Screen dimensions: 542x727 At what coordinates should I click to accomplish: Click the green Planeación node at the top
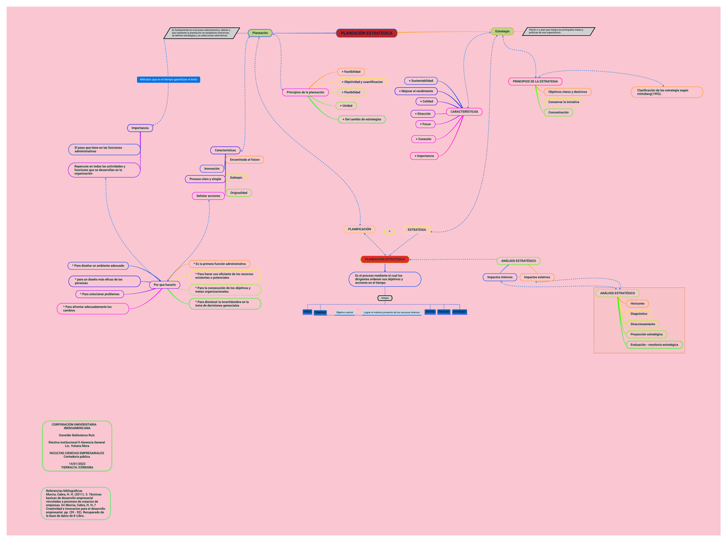[260, 33]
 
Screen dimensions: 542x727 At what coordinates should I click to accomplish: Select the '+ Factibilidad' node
[351, 72]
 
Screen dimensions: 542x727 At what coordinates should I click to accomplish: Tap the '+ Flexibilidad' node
[351, 92]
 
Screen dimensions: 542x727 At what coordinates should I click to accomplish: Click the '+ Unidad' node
[347, 105]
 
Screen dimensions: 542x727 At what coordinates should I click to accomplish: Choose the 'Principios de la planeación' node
[306, 92]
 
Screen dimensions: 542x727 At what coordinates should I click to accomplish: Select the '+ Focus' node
[427, 124]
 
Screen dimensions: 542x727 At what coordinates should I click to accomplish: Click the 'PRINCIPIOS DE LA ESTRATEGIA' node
[535, 81]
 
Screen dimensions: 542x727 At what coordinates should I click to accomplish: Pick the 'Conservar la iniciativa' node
[563, 102]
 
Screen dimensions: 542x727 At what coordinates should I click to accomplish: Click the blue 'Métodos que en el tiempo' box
[169, 79]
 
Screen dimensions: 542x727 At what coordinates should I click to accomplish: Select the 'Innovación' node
[212, 168]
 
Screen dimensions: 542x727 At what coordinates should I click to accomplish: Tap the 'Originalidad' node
[239, 193]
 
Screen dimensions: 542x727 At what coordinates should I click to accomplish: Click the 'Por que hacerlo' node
[165, 284]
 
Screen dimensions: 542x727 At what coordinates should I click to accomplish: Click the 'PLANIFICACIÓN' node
[360, 229]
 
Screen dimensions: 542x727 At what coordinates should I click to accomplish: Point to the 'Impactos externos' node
[537, 277]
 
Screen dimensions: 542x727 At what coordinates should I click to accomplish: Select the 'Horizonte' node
[637, 303]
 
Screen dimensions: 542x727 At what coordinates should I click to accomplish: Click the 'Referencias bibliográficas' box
[76, 503]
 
